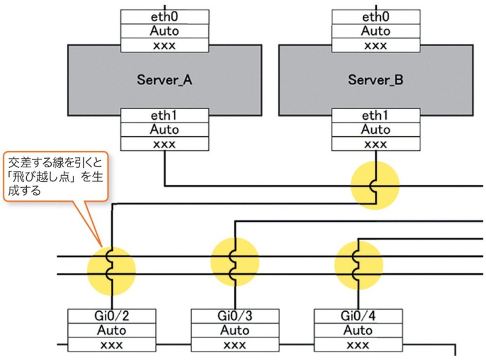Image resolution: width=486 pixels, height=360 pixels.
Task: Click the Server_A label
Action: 165,80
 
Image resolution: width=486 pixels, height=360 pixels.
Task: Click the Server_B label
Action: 376,80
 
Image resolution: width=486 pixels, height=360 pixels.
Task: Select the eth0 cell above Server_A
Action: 165,16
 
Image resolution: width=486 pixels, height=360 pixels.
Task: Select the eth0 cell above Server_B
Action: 376,16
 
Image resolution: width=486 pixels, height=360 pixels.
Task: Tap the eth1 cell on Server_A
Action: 165,115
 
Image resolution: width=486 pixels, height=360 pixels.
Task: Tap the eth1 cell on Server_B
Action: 376,115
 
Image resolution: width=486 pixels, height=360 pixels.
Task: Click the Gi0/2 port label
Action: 112,316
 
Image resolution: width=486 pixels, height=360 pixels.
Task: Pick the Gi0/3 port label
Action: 235,316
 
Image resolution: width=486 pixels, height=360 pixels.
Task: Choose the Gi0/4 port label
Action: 358,316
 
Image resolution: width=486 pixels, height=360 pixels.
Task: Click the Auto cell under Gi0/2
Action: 112,331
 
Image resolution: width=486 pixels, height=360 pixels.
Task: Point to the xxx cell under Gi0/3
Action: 235,345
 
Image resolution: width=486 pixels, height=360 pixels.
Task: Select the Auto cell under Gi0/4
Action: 358,331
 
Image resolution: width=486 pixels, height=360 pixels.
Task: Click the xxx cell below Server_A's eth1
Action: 165,144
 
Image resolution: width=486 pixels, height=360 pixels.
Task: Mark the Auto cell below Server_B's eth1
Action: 376,130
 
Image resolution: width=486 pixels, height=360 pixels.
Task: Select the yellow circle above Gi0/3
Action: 234,263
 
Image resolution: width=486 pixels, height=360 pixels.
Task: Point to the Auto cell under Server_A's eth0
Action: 165,31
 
